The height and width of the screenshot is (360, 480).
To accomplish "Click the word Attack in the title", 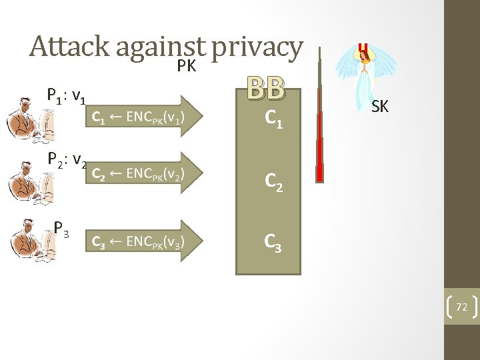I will (69, 47).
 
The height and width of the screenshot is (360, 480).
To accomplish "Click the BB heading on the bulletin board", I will (266, 87).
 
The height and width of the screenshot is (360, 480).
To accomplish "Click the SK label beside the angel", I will (379, 106).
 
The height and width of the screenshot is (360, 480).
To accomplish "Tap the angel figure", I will (364, 80).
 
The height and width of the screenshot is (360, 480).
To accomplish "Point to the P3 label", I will (63, 231).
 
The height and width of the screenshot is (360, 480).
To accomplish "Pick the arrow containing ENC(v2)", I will (141, 173).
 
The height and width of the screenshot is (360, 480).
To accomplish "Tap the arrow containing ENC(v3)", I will (141, 240).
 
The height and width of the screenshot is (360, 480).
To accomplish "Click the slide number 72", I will (461, 307).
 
